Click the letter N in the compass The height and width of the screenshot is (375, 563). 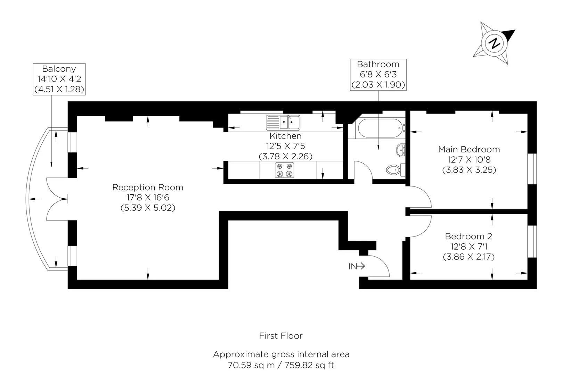click(494, 43)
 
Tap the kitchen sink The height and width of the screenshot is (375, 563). click(283, 123)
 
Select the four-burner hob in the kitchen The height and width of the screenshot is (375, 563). click(284, 170)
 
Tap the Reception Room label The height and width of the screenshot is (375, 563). click(148, 187)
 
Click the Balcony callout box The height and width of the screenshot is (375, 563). click(59, 79)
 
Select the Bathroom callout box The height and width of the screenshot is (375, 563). click(378, 74)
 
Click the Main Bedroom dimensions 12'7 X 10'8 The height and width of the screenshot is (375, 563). click(469, 160)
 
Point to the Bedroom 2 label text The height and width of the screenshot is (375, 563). click(468, 236)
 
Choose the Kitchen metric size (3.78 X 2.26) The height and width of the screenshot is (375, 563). click(286, 156)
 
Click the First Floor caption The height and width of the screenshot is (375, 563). click(281, 336)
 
